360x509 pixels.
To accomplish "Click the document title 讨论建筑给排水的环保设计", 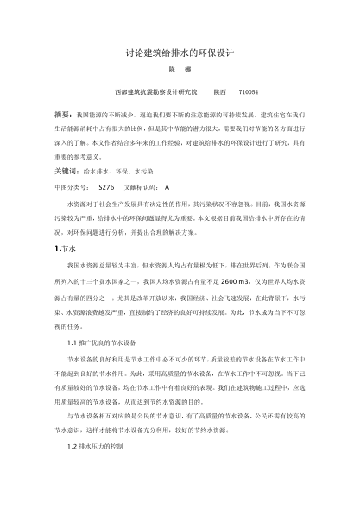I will click(x=180, y=53).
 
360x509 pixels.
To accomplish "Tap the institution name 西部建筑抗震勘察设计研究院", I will click(x=155, y=91).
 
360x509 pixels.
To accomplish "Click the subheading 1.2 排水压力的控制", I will click(x=101, y=446).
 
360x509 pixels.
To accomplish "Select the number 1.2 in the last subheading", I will click(x=72, y=446).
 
